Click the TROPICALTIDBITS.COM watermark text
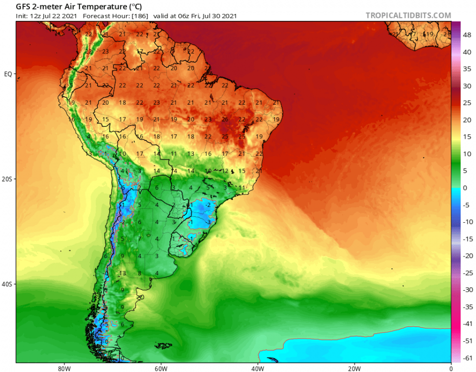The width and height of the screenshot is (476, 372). (x=408, y=15)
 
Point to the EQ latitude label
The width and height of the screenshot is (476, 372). (x=8, y=74)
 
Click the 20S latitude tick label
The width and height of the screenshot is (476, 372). (x=7, y=179)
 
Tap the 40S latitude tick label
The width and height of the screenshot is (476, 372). (x=7, y=285)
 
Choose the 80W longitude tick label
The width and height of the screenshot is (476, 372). (x=62, y=368)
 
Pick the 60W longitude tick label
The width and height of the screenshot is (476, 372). (x=160, y=368)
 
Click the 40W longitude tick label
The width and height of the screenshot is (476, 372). (x=257, y=368)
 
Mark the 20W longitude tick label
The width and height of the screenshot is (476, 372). (x=354, y=368)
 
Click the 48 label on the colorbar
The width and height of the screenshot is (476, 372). (x=467, y=35)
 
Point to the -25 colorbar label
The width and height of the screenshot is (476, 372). (x=467, y=272)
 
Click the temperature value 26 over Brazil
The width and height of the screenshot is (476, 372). (x=225, y=120)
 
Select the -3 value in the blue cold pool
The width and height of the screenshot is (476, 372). (x=209, y=222)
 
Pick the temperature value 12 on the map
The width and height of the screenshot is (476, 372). (x=225, y=171)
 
